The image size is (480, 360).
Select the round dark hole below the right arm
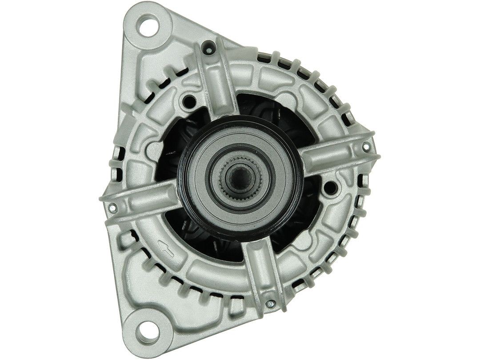[330, 188]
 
